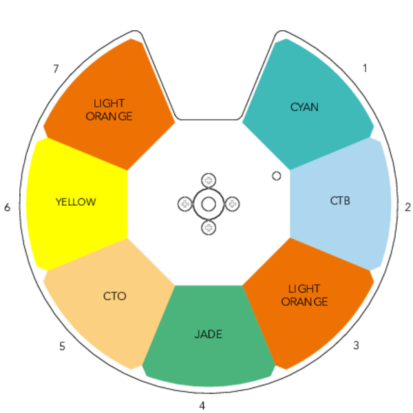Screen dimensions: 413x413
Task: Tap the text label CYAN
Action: click(x=304, y=107)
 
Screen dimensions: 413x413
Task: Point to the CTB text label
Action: click(x=340, y=202)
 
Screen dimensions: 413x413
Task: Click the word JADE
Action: click(x=208, y=335)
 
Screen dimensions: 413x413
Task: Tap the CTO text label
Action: click(x=114, y=297)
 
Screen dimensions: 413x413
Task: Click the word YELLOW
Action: click(x=76, y=202)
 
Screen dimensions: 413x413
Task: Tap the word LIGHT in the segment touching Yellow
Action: click(x=109, y=103)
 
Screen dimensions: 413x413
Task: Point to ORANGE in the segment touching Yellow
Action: click(x=109, y=116)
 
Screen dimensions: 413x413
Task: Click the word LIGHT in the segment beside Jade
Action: click(x=304, y=288)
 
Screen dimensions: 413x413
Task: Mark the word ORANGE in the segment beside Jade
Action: click(x=304, y=301)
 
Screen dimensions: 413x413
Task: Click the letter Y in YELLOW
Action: click(x=59, y=202)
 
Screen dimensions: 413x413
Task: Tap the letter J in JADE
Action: click(x=197, y=335)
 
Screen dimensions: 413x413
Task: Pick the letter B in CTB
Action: click(x=347, y=202)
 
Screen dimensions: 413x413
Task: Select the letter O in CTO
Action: click(x=122, y=297)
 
